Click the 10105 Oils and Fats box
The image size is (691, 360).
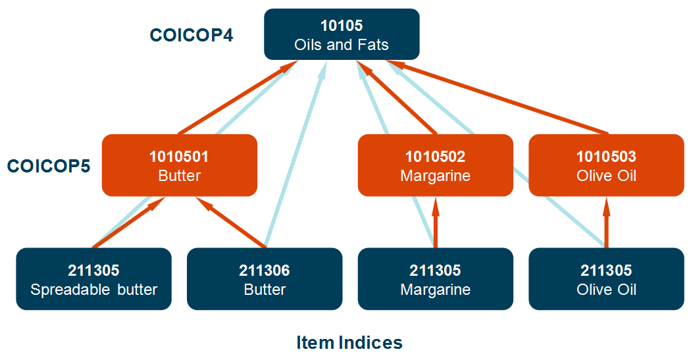coord(342,34)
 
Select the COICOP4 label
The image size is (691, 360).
coord(192,36)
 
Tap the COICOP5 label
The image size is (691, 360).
coord(49,166)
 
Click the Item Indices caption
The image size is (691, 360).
coord(349,342)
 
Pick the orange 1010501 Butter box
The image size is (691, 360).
coord(179,165)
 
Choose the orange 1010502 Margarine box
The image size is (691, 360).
coord(435,165)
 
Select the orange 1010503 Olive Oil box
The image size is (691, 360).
coord(606,165)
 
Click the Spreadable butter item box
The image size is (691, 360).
coord(93,279)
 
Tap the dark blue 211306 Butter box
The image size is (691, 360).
coord(265,279)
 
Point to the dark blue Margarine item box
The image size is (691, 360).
coord(435,279)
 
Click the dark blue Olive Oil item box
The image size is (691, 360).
coord(606,279)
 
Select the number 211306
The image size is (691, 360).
coord(265,270)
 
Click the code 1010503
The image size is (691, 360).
coord(606,157)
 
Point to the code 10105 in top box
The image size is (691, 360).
coord(342,26)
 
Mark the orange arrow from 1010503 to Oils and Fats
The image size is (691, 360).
coord(500,97)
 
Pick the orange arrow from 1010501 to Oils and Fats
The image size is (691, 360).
coord(237,97)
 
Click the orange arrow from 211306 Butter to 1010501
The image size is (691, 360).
coord(234,224)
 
